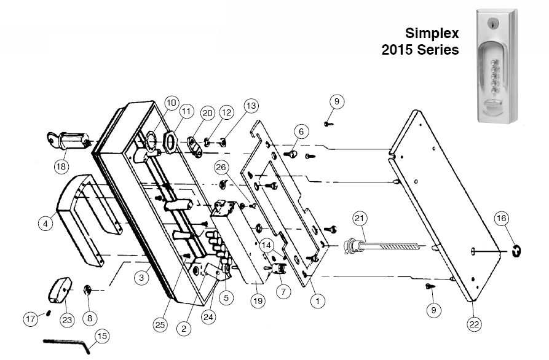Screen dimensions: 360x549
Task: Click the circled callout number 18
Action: [x=61, y=165]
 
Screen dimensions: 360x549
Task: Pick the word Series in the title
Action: [x=439, y=50]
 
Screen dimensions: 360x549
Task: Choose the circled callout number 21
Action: [x=360, y=218]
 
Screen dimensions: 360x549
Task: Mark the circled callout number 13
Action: [x=251, y=106]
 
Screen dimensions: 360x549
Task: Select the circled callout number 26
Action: [x=222, y=168]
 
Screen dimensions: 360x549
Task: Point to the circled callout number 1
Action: [x=317, y=301]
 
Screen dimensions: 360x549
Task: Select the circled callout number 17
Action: [x=31, y=319]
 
